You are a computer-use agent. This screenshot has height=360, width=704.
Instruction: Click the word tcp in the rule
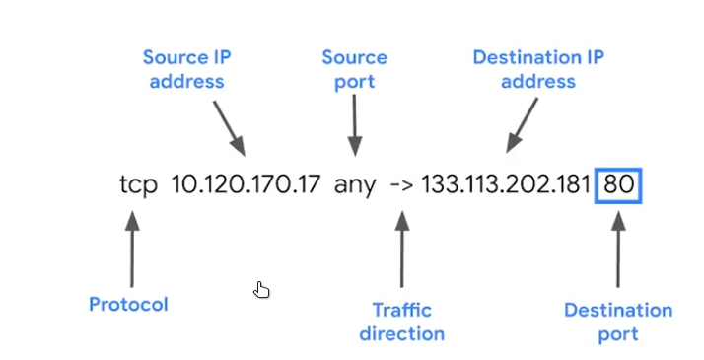click(x=138, y=184)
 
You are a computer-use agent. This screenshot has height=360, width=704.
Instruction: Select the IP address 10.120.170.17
click(x=246, y=184)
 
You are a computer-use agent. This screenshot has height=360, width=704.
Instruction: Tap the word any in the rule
click(x=354, y=184)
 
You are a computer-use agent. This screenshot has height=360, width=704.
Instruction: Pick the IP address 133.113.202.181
click(x=506, y=184)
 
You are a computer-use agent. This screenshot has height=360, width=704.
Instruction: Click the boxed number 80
click(x=619, y=184)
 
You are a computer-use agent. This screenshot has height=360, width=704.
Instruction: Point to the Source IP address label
click(x=186, y=68)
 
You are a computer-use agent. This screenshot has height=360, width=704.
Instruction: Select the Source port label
click(x=354, y=68)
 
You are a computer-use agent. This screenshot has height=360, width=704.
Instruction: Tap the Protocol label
click(x=128, y=304)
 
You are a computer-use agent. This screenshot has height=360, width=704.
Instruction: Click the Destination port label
click(x=618, y=322)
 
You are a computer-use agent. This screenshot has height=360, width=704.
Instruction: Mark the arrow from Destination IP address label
click(x=523, y=125)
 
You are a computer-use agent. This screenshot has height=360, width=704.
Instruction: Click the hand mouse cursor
click(x=261, y=289)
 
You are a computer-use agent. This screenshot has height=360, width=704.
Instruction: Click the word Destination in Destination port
click(x=618, y=310)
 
